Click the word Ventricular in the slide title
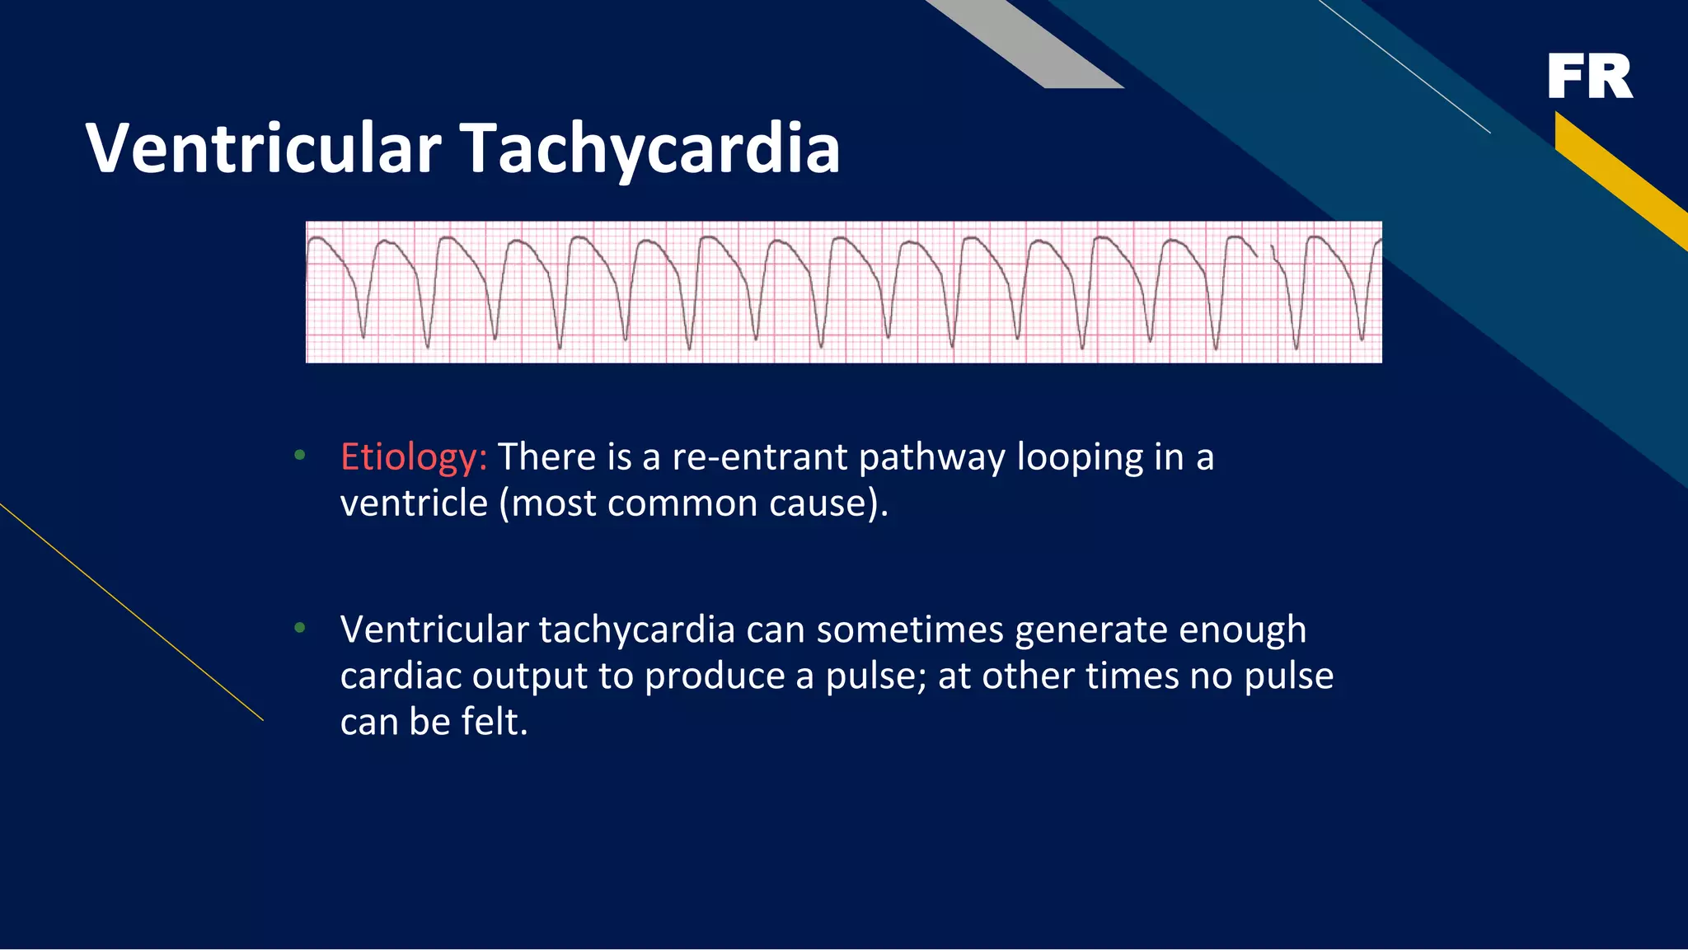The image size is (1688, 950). click(x=264, y=148)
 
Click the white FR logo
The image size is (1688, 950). click(x=1590, y=77)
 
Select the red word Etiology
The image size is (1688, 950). click(x=413, y=457)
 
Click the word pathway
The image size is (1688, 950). click(x=931, y=457)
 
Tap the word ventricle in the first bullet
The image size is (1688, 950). click(x=414, y=503)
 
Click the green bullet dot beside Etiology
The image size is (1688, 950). click(x=300, y=455)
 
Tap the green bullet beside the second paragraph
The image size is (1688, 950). click(x=300, y=629)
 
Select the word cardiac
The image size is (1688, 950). click(x=401, y=676)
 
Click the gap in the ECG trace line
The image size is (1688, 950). click(x=1264, y=251)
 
